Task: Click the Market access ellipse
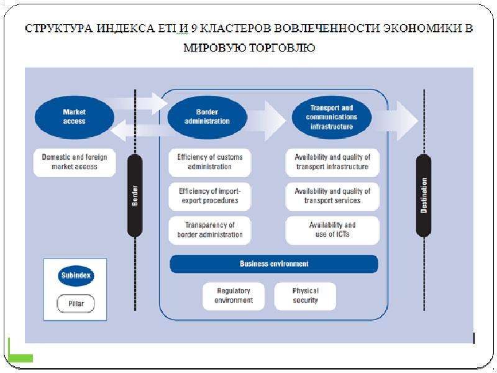(x=74, y=117)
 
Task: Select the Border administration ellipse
(x=207, y=117)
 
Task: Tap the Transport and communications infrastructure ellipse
(x=332, y=117)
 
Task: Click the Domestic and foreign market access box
(x=75, y=162)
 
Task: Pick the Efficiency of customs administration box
(x=209, y=162)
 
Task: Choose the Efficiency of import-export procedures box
(x=209, y=196)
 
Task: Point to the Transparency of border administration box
(x=209, y=230)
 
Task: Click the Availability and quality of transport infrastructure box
(x=332, y=162)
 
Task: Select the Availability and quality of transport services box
(x=332, y=196)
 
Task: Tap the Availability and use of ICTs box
(x=332, y=230)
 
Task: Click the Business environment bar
(x=274, y=264)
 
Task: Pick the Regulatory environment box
(x=234, y=296)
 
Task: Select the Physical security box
(x=305, y=296)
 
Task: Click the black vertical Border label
(x=135, y=196)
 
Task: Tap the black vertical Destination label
(x=424, y=196)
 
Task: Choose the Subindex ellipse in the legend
(x=76, y=275)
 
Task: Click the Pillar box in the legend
(x=76, y=303)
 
